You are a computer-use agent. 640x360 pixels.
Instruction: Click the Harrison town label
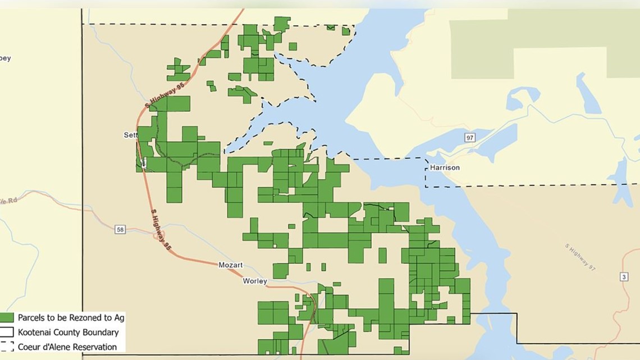pos(445,167)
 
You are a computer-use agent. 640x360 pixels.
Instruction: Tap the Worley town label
pos(255,281)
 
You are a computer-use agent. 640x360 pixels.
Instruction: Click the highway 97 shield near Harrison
pos(469,138)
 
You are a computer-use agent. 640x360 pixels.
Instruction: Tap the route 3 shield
pos(624,277)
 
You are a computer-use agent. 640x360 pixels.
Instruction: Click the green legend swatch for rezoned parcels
pos(7,318)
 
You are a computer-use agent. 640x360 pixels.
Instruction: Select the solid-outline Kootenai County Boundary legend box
pos(7,332)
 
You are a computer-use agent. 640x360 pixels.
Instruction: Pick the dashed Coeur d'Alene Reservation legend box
pos(7,347)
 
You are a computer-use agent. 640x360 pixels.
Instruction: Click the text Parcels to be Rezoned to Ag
pos(71,318)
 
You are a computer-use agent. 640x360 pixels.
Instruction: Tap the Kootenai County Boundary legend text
pos(68,332)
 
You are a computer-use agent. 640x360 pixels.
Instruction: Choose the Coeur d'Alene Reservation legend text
pos(67,347)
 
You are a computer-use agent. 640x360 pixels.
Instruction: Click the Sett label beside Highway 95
pos(130,135)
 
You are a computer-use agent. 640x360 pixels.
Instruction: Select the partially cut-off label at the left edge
pos(5,58)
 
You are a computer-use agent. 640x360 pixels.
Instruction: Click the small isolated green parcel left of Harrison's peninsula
pos(268,143)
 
